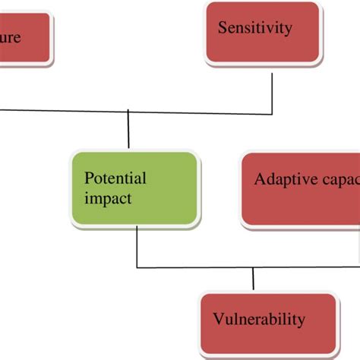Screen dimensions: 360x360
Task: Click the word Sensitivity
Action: [254, 28]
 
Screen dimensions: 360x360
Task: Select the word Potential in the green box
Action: [115, 179]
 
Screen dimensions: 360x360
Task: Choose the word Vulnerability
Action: [258, 318]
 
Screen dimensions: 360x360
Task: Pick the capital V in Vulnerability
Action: [217, 318]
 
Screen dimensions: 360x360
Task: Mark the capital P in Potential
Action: [88, 179]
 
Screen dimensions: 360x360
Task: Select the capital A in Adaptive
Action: [260, 180]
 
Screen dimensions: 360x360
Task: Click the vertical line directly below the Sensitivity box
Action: [272, 87]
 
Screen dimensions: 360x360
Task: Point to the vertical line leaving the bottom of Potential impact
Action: [137, 247]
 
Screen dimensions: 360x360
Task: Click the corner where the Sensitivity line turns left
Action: [272, 115]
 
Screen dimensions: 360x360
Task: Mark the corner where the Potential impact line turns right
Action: [137, 267]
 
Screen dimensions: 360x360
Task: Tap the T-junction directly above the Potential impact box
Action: [128, 115]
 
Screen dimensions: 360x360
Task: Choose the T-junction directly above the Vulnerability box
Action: [254, 267]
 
